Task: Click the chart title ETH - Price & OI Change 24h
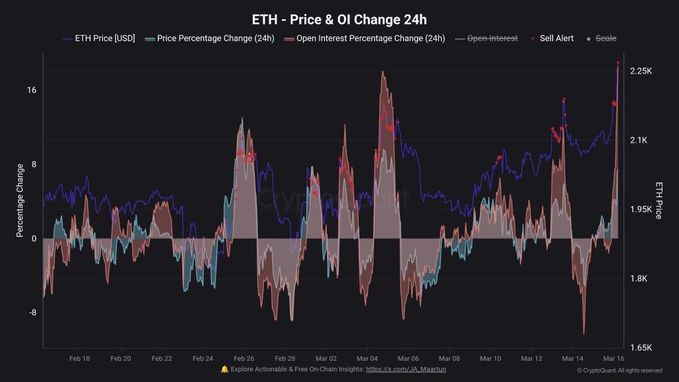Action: pyautogui.click(x=339, y=19)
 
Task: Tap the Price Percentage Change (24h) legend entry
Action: pyautogui.click(x=210, y=38)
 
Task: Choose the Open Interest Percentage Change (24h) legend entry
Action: pyautogui.click(x=364, y=38)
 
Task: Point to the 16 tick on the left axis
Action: pyautogui.click(x=31, y=90)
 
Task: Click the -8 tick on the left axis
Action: pyautogui.click(x=31, y=313)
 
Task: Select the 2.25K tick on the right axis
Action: pyautogui.click(x=641, y=71)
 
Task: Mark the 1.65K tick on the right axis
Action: pyautogui.click(x=641, y=348)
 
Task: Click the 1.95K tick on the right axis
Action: pyautogui.click(x=641, y=210)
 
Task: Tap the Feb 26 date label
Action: pyautogui.click(x=244, y=359)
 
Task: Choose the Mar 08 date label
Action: pyautogui.click(x=449, y=359)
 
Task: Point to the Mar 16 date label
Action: pyautogui.click(x=613, y=359)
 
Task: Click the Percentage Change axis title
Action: pyautogui.click(x=20, y=201)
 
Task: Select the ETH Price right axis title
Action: pyautogui.click(x=658, y=200)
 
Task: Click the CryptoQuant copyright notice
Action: pyautogui.click(x=619, y=371)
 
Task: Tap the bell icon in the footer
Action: pyautogui.click(x=225, y=369)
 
